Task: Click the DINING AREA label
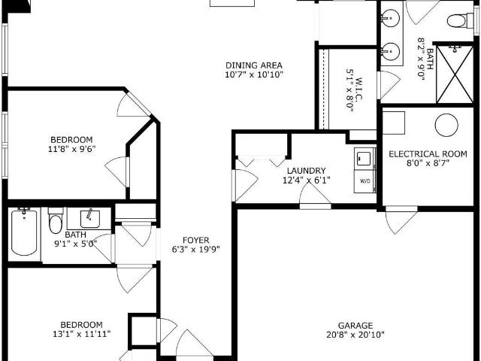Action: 254,65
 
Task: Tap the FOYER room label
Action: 195,240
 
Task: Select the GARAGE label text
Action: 355,326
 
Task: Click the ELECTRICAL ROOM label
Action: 428,153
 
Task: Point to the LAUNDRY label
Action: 306,171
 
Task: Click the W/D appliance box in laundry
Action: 365,181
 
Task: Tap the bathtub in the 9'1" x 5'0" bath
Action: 24,232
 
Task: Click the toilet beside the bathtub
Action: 56,220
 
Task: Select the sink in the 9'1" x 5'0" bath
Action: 89,219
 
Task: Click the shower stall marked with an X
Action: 455,74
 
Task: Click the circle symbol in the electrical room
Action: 446,125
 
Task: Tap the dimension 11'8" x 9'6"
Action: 72,149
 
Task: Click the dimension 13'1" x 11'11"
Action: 82,334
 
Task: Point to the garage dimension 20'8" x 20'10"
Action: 355,335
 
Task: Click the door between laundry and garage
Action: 315,198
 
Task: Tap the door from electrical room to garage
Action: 401,220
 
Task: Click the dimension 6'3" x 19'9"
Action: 195,249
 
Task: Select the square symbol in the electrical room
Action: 394,123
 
